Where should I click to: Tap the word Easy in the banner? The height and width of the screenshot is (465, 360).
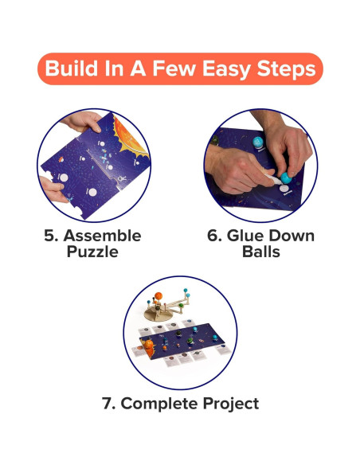click(224, 68)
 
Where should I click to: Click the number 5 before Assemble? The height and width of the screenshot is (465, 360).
click(49, 236)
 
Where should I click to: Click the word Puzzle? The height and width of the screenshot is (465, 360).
click(92, 252)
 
